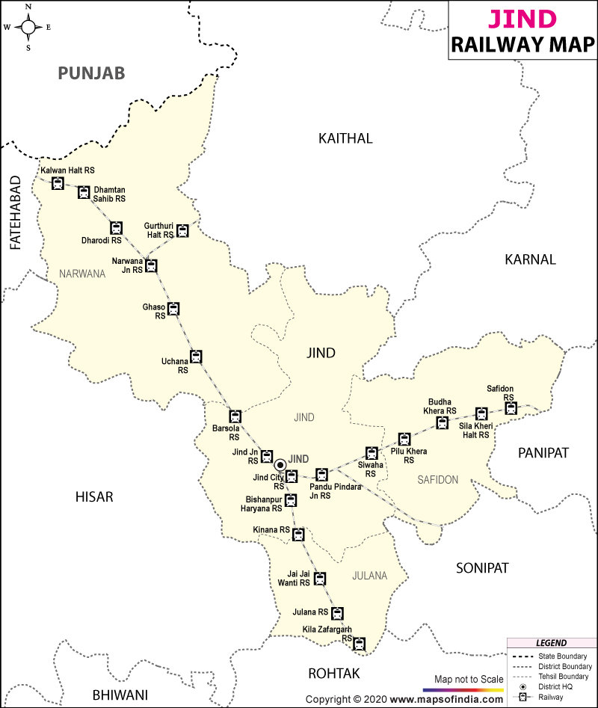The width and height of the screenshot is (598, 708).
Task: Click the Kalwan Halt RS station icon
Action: [58, 183]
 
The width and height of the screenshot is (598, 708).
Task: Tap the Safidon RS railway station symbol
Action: [510, 407]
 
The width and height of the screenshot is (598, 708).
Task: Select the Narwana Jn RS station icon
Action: [152, 265]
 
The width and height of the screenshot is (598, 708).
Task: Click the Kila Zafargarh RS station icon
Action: [359, 643]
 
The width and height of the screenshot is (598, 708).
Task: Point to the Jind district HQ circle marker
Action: [280, 464]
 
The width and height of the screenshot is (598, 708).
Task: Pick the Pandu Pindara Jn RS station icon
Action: [321, 474]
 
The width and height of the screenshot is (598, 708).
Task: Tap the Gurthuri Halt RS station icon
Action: [182, 230]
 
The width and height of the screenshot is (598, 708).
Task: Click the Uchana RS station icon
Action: [196, 356]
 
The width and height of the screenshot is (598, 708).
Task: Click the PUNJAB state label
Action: [91, 73]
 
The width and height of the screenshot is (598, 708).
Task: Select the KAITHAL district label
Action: [345, 138]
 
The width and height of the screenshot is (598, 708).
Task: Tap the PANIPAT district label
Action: [543, 453]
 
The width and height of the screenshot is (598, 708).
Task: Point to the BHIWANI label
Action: [120, 695]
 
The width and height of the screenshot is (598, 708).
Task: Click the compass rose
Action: [28, 28]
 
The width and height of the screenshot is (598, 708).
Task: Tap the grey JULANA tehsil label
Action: [370, 576]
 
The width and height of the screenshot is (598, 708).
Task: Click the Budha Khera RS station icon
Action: [442, 423]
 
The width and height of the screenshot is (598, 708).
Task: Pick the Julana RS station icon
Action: [338, 613]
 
